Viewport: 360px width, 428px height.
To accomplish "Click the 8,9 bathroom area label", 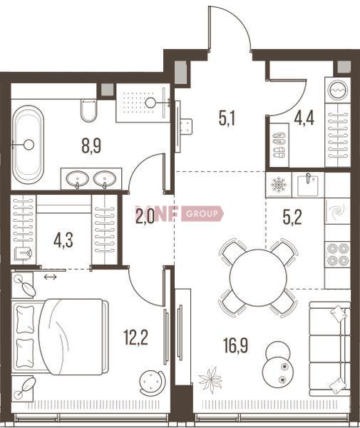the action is click(91, 146).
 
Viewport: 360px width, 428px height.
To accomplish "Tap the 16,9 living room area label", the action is click(235, 345).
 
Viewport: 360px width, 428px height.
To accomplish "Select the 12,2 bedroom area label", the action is click(135, 337).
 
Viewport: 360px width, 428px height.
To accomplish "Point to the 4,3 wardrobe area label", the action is click(63, 240).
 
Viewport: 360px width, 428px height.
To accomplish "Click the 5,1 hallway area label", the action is click(227, 118).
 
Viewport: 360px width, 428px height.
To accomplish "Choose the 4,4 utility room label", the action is click(304, 118).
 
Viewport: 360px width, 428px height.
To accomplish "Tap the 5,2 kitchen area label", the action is click(292, 218).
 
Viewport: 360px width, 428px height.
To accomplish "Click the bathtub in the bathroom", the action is click(28, 144).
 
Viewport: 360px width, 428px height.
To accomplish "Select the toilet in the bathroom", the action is click(88, 111).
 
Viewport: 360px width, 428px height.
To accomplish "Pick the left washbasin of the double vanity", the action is click(78, 179).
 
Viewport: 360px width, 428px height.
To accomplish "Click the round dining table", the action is click(258, 277).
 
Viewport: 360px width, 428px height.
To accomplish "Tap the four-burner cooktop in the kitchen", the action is click(338, 255).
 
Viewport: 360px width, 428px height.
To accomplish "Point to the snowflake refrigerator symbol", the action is click(279, 185).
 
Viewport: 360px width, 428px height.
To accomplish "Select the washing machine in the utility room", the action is click(338, 91).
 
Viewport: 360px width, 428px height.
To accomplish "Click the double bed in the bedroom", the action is click(60, 337).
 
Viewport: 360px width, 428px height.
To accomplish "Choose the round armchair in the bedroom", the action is click(152, 380).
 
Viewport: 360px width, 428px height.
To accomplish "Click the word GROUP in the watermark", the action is click(202, 213).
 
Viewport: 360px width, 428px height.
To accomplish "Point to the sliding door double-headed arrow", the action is click(51, 277).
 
